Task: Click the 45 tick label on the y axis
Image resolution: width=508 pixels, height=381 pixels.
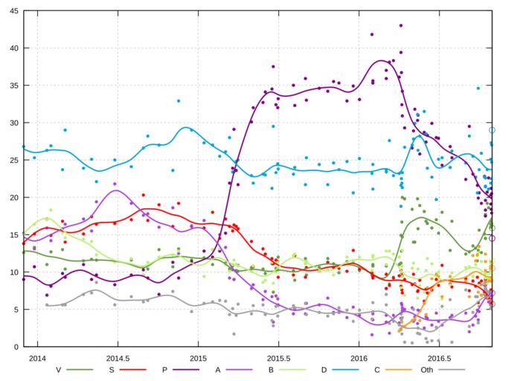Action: coord(15,10)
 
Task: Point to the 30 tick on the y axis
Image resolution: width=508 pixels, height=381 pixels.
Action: coord(15,123)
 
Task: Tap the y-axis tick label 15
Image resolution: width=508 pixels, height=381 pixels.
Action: coord(15,235)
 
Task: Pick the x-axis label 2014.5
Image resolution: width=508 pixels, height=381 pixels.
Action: coord(118,357)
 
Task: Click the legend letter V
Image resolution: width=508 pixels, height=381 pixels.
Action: coord(59,368)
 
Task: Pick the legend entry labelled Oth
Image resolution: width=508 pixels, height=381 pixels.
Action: coord(426,368)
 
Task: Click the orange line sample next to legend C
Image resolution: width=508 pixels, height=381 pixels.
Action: coord(395,368)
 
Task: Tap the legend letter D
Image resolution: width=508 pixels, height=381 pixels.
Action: coord(324,368)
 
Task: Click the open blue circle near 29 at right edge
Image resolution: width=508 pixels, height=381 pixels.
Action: coord(492,130)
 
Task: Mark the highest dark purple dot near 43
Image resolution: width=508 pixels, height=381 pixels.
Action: coord(401,25)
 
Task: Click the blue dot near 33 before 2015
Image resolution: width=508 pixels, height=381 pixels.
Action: coord(179,100)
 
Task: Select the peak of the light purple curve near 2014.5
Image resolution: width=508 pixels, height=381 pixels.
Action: coord(115,190)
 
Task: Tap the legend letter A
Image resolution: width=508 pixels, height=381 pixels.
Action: coord(218,368)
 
